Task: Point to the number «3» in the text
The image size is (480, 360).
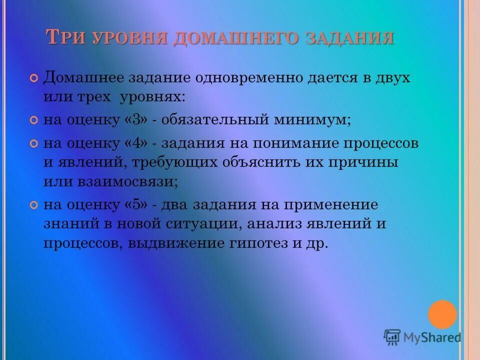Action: [x=139, y=120]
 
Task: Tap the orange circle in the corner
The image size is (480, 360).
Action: [x=442, y=314]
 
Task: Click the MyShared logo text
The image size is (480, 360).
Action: [x=432, y=337]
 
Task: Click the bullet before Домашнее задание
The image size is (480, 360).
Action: [x=34, y=79]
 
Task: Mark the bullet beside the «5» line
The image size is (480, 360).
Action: [x=34, y=205]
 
